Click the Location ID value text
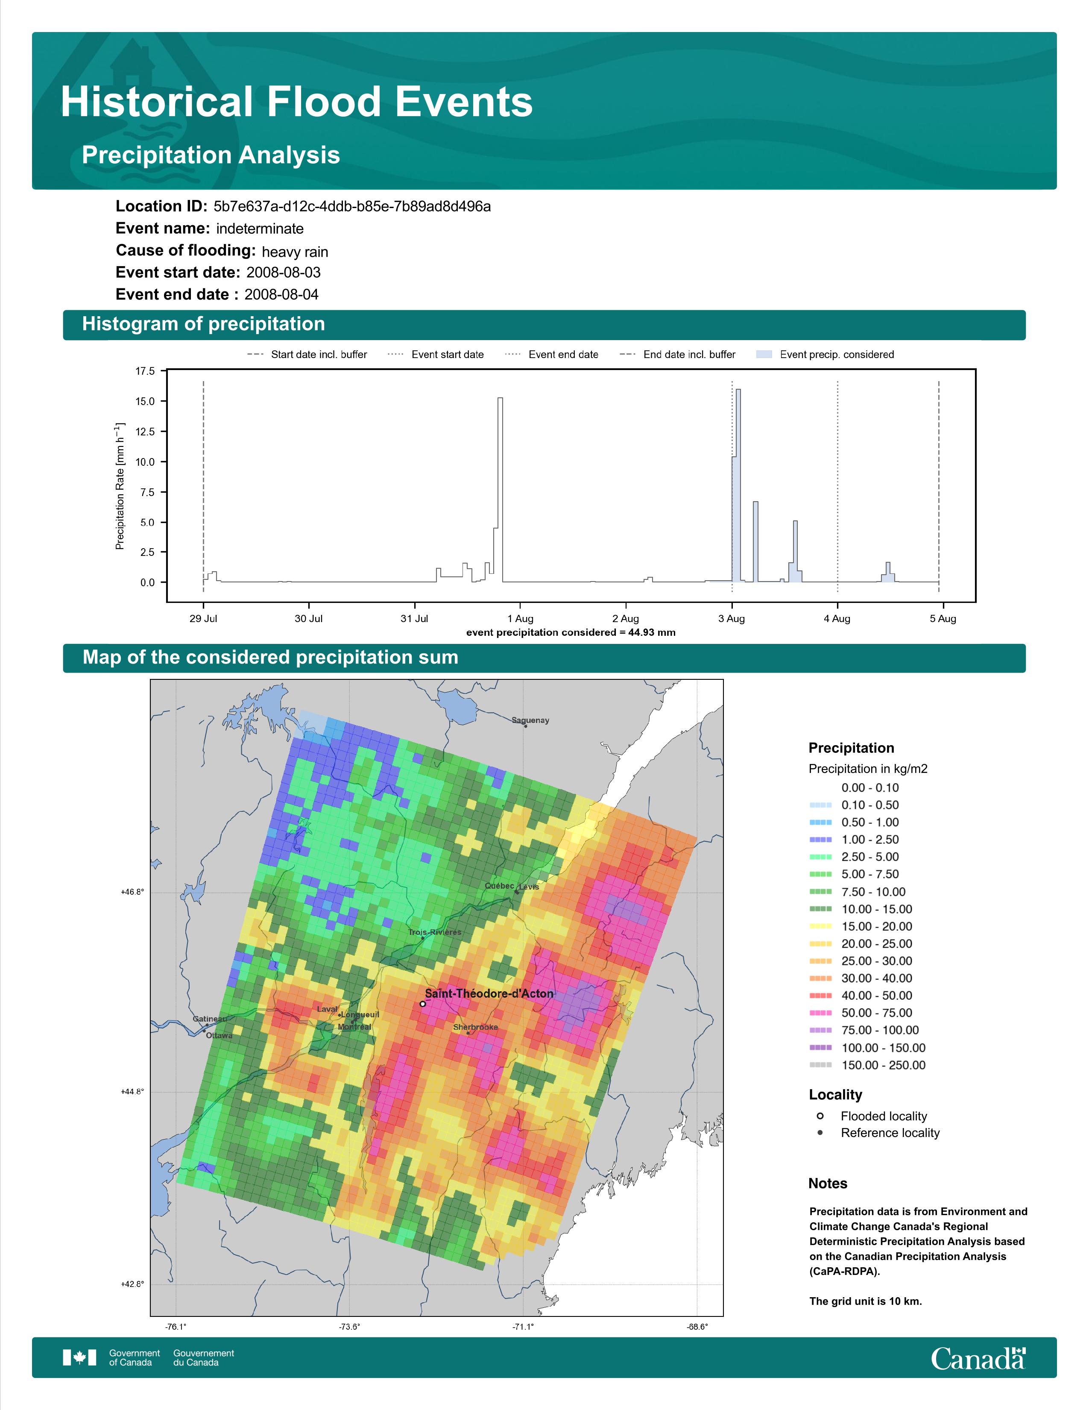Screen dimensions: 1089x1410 tap(352, 207)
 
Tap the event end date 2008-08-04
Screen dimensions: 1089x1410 tap(281, 294)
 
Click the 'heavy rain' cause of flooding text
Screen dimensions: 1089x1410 tap(295, 252)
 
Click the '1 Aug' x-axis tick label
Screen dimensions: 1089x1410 tap(520, 619)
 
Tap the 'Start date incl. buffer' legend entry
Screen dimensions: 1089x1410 tap(307, 355)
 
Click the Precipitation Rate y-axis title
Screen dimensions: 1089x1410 tap(120, 487)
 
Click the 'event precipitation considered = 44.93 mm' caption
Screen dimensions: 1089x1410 tap(571, 633)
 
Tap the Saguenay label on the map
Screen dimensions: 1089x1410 tap(530, 720)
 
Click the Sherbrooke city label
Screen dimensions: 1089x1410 tap(475, 1027)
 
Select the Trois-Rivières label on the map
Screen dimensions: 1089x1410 tap(435, 932)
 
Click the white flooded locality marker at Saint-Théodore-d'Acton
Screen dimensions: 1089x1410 tap(422, 1004)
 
